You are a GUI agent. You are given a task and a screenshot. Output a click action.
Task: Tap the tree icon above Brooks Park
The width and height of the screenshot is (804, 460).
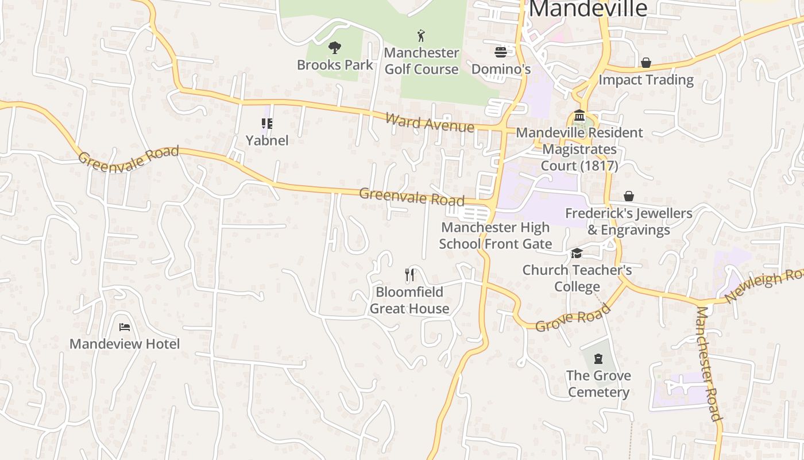[x=335, y=48]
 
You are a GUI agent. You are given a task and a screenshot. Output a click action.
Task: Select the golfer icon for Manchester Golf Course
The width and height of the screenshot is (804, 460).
[x=422, y=36]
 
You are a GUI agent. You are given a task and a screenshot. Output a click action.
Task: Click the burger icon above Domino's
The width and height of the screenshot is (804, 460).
[x=500, y=52]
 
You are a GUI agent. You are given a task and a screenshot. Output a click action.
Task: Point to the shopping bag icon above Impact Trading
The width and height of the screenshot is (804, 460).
[x=646, y=63]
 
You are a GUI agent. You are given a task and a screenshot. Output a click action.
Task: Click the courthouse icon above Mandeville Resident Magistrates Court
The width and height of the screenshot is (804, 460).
[x=579, y=116]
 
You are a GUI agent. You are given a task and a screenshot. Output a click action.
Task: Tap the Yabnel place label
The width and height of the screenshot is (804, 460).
[x=267, y=140]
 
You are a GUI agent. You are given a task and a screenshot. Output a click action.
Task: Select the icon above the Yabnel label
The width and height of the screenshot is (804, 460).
[x=267, y=123]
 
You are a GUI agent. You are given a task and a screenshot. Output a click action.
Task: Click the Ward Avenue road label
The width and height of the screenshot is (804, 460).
[x=430, y=122]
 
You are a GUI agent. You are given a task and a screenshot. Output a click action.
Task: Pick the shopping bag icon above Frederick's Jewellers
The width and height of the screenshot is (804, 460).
[x=629, y=197]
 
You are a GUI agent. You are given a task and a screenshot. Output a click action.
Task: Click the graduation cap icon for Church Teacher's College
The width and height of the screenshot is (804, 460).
[x=577, y=254]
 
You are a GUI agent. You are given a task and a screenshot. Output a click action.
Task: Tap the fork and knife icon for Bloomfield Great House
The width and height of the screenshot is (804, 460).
[x=409, y=275]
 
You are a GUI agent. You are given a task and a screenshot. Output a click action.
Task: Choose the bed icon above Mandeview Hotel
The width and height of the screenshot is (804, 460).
[x=125, y=327]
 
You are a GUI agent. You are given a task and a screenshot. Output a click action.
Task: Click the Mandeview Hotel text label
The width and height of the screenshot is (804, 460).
[x=125, y=344]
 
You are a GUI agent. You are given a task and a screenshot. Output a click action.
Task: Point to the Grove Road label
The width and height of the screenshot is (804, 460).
[x=573, y=318]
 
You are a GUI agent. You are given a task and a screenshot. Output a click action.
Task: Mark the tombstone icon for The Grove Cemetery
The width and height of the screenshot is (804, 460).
[x=598, y=359]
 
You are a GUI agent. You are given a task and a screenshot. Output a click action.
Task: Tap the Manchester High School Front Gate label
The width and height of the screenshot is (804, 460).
[x=495, y=236]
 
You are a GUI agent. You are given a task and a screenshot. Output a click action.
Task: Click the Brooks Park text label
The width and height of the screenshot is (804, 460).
[x=335, y=65]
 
